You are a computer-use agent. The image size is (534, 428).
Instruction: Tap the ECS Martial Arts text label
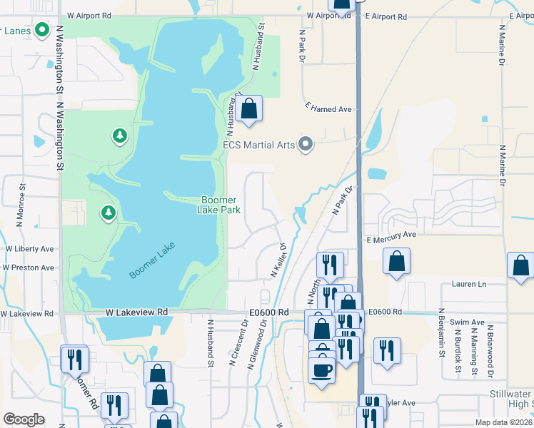click(x=258, y=146)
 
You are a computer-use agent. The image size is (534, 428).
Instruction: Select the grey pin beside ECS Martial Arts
click(x=306, y=145)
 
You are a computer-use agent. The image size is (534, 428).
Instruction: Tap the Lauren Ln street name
click(x=468, y=284)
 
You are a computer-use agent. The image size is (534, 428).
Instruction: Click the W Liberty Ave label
click(x=29, y=249)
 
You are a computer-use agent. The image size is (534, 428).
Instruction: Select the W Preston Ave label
click(x=28, y=267)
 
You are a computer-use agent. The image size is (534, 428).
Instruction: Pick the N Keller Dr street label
click(x=278, y=260)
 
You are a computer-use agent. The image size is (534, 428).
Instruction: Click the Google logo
click(x=24, y=419)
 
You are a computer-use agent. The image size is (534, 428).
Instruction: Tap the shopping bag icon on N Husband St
click(x=249, y=110)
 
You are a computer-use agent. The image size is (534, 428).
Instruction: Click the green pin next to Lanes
click(x=42, y=30)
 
